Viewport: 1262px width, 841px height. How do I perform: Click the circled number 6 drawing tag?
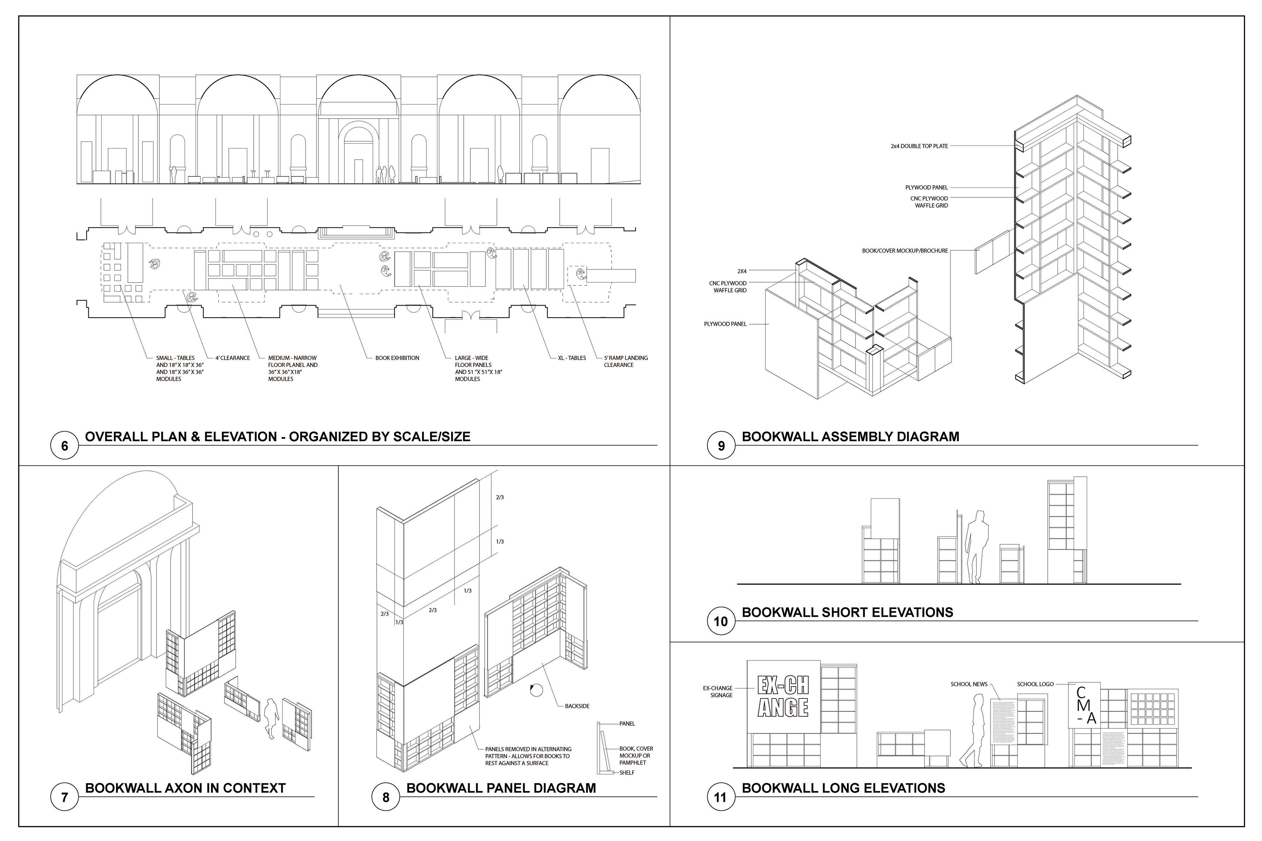pos(64,446)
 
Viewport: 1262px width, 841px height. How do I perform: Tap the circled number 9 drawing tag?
pos(721,446)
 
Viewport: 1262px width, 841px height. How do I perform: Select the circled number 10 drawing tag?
pos(721,622)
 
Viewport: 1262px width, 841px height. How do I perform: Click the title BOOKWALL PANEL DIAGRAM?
pos(501,788)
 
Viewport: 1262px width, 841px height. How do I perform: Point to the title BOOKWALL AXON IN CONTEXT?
pos(185,788)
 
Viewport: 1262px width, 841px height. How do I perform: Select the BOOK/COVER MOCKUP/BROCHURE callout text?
pos(905,250)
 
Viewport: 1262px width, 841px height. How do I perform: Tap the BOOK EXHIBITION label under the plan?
pos(397,358)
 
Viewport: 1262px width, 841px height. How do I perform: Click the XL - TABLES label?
pos(572,358)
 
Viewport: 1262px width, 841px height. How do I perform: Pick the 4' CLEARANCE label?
pos(232,358)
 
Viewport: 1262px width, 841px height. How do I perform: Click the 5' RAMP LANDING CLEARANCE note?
pos(626,361)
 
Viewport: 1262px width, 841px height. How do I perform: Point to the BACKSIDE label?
pos(577,706)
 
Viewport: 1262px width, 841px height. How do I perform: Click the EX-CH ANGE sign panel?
pos(783,696)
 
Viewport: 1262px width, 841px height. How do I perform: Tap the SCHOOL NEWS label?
pos(969,684)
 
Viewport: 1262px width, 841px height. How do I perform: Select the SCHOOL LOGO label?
pos(1035,684)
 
